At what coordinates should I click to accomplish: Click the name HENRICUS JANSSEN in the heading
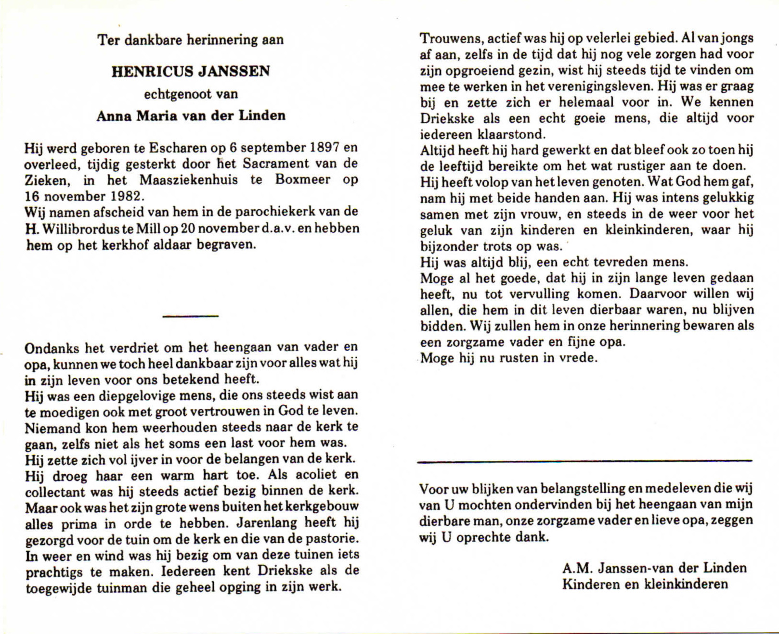[x=191, y=72]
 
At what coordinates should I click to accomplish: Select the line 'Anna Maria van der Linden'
[x=191, y=116]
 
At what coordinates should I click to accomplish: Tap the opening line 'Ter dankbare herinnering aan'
[x=191, y=40]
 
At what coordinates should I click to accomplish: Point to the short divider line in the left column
[x=191, y=316]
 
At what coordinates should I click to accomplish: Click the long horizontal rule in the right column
[x=584, y=461]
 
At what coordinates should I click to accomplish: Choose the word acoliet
[x=311, y=475]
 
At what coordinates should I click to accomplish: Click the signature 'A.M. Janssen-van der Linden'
[x=654, y=568]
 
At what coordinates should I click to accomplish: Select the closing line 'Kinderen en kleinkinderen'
[x=645, y=584]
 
